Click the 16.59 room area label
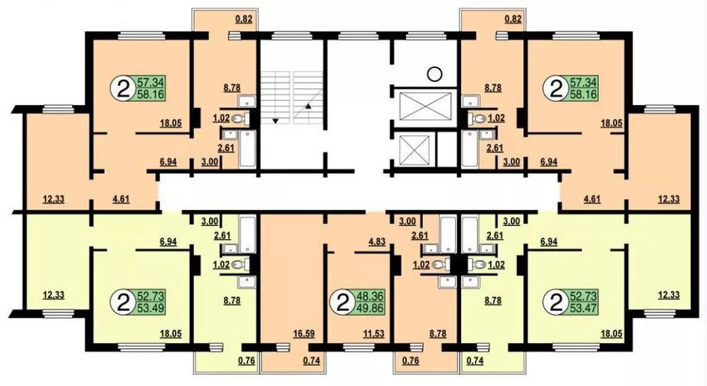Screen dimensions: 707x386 tap(303, 334)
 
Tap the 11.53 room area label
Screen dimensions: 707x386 tap(373, 334)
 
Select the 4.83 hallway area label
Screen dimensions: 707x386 tap(377, 242)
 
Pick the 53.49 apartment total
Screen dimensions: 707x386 tap(152, 309)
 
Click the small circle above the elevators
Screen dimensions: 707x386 tap(434, 74)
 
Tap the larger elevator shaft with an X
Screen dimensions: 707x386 tap(425, 107)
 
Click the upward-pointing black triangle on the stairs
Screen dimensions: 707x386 tap(308, 107)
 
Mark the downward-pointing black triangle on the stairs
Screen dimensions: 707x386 tap(275, 121)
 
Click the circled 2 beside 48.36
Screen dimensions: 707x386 tap(342, 303)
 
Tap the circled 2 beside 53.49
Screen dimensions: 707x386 tap(123, 303)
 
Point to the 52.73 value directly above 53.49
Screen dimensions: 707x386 tap(152, 296)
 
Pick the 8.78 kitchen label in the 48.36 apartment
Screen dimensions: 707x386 tap(438, 334)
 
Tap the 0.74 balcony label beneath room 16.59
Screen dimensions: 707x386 tap(312, 360)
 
